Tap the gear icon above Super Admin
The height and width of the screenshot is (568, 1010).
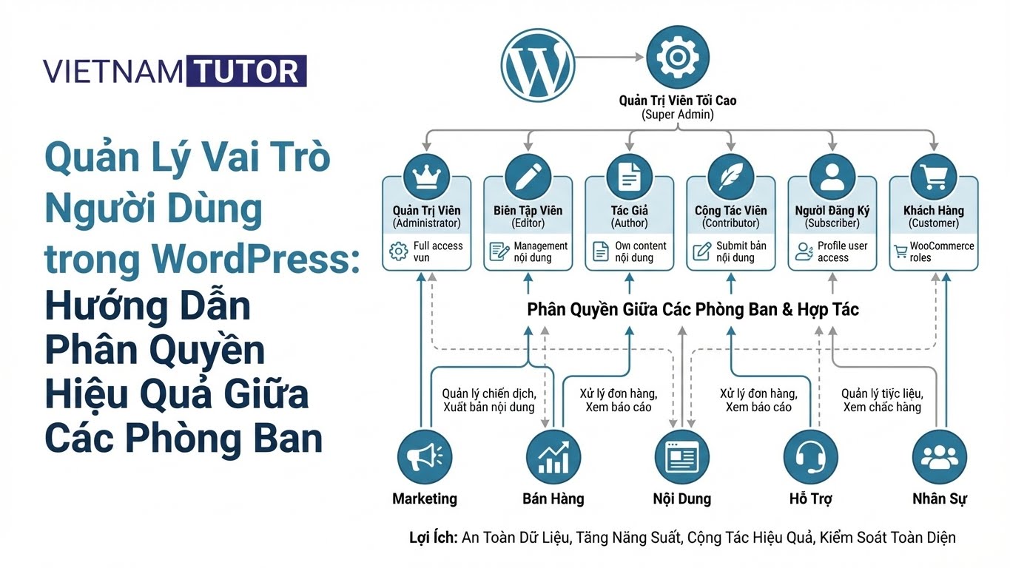point(677,57)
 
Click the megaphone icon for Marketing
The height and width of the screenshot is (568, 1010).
point(425,457)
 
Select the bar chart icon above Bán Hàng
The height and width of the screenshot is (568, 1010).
point(553,457)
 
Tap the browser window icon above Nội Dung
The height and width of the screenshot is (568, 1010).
point(681,457)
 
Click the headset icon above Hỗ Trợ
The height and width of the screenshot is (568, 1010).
point(811,457)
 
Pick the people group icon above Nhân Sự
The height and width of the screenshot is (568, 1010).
point(939,457)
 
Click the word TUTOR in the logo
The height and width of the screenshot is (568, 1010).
point(246,71)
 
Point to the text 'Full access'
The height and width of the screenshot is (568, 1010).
point(438,246)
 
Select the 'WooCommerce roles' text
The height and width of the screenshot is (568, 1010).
point(941,251)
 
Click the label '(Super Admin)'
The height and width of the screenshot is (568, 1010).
point(677,115)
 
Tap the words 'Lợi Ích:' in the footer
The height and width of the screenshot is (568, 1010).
point(433,538)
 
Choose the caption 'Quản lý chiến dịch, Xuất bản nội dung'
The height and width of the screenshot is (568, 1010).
point(488,400)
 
